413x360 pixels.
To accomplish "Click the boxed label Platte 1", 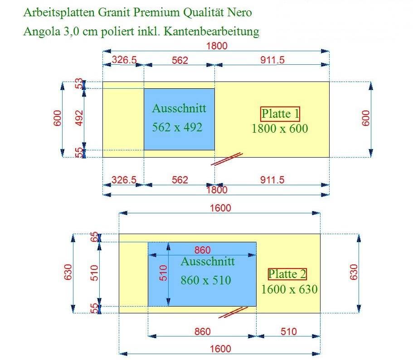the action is [x=280, y=114].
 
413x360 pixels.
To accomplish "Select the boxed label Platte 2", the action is [x=287, y=274].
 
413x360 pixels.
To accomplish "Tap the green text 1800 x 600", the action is [x=280, y=129].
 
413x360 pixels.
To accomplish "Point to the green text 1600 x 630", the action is [x=289, y=289].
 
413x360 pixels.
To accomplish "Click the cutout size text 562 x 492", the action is [x=177, y=127].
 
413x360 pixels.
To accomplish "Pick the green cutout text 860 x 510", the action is [x=206, y=280].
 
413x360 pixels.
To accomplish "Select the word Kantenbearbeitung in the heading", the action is [x=212, y=31].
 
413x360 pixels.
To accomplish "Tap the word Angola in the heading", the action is [x=42, y=32].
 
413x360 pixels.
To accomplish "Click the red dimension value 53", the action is [x=79, y=84].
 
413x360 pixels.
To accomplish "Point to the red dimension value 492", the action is [x=79, y=118].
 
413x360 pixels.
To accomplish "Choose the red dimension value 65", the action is [x=94, y=237].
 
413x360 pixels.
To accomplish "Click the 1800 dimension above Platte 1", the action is [x=217, y=46].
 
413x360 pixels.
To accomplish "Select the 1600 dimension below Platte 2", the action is [x=220, y=349].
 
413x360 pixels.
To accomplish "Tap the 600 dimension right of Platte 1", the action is [x=365, y=118].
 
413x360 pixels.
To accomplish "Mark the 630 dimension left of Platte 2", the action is [x=68, y=272].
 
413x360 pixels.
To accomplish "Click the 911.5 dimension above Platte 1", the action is [x=272, y=60].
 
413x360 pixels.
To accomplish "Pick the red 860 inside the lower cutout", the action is [x=202, y=250].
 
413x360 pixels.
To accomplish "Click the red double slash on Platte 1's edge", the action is [x=227, y=159].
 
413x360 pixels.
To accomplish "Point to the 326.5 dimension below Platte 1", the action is [x=124, y=180].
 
